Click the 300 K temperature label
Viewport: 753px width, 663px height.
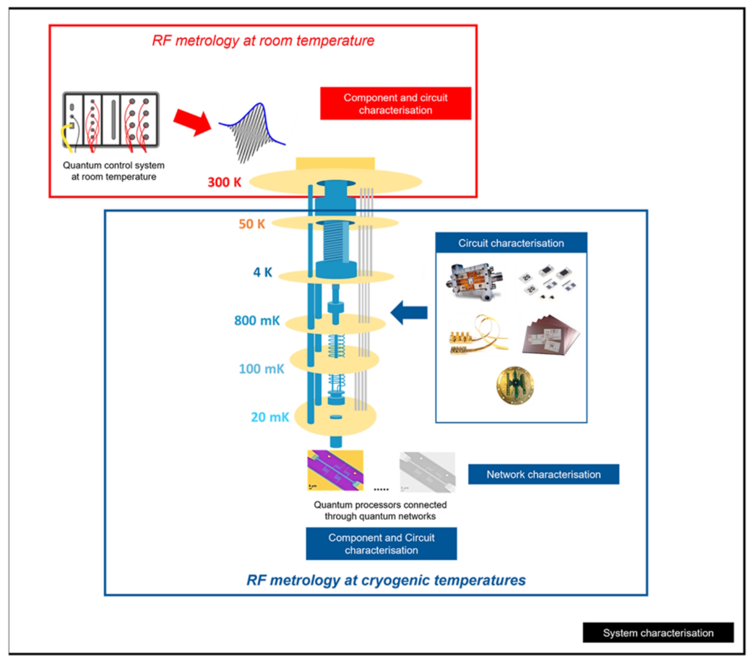pyautogui.click(x=224, y=182)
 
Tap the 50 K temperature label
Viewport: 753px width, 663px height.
pyautogui.click(x=252, y=224)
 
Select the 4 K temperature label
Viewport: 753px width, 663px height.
pyautogui.click(x=262, y=272)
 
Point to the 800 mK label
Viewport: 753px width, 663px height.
pyautogui.click(x=257, y=320)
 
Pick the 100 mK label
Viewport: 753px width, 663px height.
pyautogui.click(x=261, y=369)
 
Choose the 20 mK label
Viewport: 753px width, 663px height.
pyautogui.click(x=270, y=417)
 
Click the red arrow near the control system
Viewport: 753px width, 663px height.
pyautogui.click(x=192, y=122)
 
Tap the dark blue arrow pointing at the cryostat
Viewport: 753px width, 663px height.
pyautogui.click(x=409, y=313)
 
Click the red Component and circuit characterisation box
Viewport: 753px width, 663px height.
pyautogui.click(x=395, y=104)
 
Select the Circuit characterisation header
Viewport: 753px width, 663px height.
pyautogui.click(x=511, y=243)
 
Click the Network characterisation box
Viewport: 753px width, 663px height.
pyautogui.click(x=543, y=475)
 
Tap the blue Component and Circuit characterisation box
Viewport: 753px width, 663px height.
pyautogui.click(x=381, y=544)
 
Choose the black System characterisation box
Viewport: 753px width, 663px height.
pyautogui.click(x=658, y=633)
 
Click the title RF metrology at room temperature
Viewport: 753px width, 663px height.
pyautogui.click(x=263, y=41)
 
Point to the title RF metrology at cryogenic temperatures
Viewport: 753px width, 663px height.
pyautogui.click(x=386, y=580)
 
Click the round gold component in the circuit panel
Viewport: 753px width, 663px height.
pyautogui.click(x=515, y=385)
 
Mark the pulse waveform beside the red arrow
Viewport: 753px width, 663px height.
pyautogui.click(x=251, y=132)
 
